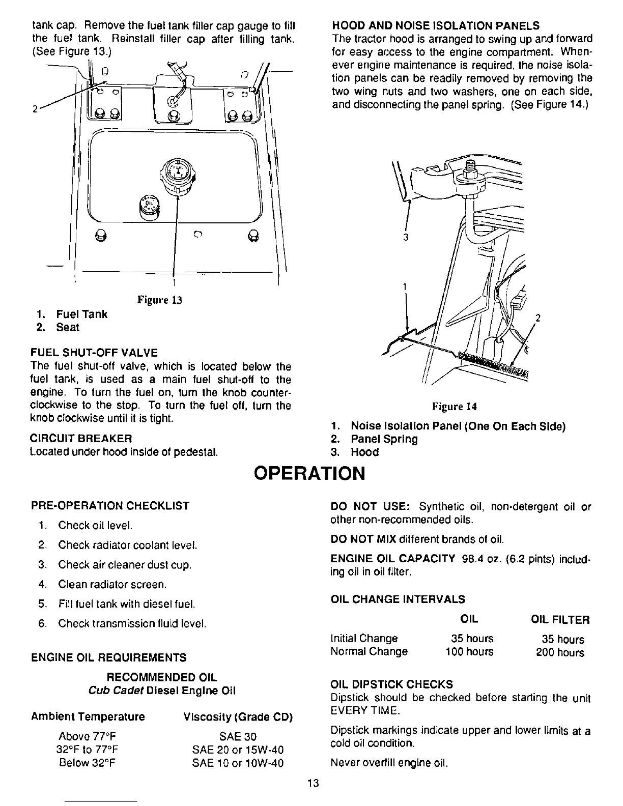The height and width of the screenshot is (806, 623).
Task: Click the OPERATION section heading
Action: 310,474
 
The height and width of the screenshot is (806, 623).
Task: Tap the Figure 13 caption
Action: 160,300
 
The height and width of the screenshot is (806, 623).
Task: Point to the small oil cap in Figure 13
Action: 148,204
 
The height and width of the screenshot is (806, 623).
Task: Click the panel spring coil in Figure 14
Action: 494,362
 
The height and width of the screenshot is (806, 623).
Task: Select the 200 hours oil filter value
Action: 560,652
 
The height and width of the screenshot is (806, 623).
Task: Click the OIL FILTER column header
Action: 560,620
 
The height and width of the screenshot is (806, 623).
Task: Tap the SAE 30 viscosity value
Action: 238,737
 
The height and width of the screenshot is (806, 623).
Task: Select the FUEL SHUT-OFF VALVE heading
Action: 94,353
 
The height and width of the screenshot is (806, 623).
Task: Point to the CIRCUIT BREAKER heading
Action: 81,438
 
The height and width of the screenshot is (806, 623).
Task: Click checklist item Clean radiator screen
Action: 112,585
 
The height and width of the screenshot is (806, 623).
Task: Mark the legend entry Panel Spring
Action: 384,439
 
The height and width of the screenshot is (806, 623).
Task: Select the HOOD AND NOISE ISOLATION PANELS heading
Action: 435,25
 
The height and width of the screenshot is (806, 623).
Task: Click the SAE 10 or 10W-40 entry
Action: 238,763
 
